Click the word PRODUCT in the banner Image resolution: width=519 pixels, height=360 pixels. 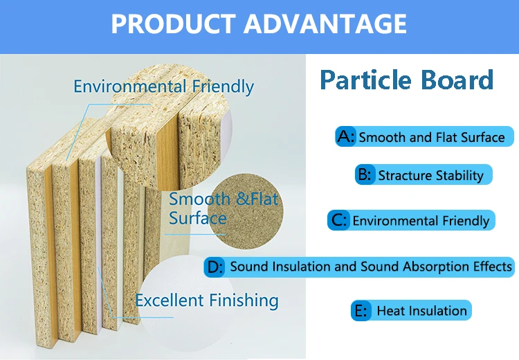pyautogui.click(x=173, y=24)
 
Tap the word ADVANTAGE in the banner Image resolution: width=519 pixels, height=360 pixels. pyautogui.click(x=325, y=24)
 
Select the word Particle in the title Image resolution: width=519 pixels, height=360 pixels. pyautogui.click(x=366, y=80)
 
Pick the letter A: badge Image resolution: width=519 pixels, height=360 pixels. pyautogui.click(x=346, y=136)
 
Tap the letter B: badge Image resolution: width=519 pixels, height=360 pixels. pyautogui.click(x=365, y=174)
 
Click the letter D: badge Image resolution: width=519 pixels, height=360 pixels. pyautogui.click(x=215, y=267)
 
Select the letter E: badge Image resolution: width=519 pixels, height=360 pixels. pyautogui.click(x=361, y=311)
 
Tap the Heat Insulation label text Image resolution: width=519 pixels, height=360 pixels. pyautogui.click(x=421, y=311)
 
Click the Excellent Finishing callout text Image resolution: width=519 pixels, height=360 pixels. pyautogui.click(x=207, y=300)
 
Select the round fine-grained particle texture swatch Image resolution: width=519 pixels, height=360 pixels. pyautogui.click(x=245, y=211)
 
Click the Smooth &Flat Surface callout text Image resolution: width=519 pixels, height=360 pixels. pyautogui.click(x=224, y=208)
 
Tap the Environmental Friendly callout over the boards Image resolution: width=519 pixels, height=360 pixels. pyautogui.click(x=163, y=87)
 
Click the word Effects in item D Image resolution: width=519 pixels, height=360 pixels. pyautogui.click(x=493, y=267)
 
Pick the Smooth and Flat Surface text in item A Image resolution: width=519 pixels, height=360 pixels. pyautogui.click(x=432, y=137)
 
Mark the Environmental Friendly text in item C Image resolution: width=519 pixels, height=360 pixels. pyautogui.click(x=421, y=221)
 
